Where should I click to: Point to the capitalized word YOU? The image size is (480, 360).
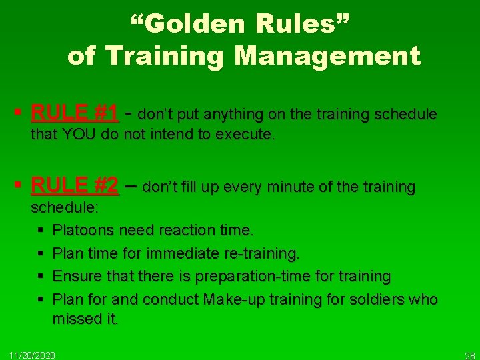79,135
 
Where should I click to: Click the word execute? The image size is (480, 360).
249,135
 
